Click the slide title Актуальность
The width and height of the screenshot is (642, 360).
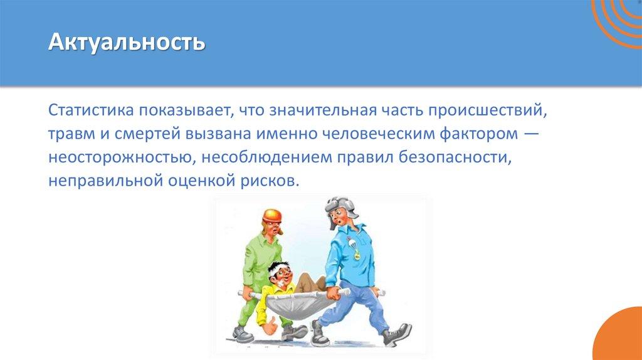(127, 43)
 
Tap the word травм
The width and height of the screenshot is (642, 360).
(69, 134)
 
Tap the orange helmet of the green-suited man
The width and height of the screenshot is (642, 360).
(272, 216)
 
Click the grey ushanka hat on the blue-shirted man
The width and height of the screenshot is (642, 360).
(339, 205)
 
